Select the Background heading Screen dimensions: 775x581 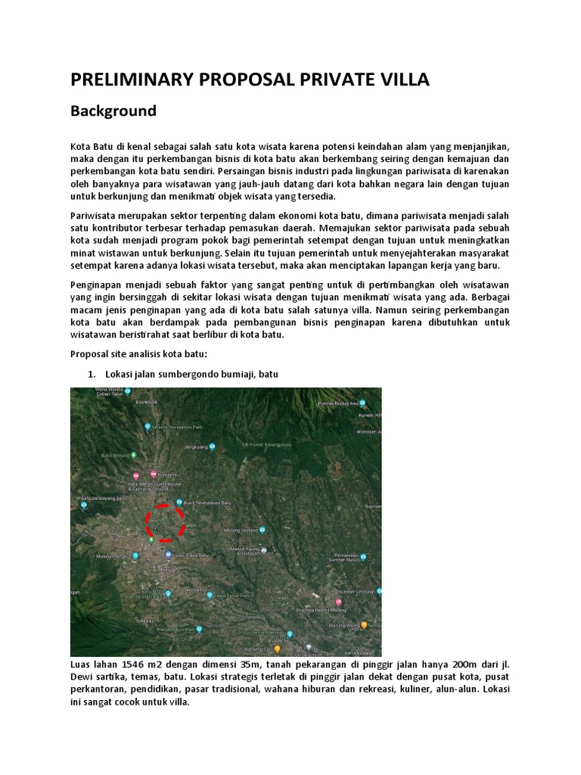pyautogui.click(x=113, y=111)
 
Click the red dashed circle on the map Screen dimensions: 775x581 pyautogui.click(x=166, y=522)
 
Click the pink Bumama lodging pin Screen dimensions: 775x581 pyautogui.click(x=154, y=475)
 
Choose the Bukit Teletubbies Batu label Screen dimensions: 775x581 pyautogui.click(x=207, y=503)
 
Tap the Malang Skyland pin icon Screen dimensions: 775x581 pyautogui.click(x=263, y=530)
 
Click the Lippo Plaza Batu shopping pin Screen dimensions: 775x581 pyautogui.click(x=168, y=555)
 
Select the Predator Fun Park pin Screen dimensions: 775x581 pyautogui.click(x=199, y=628)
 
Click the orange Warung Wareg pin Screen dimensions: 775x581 pyautogui.click(x=364, y=625)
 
